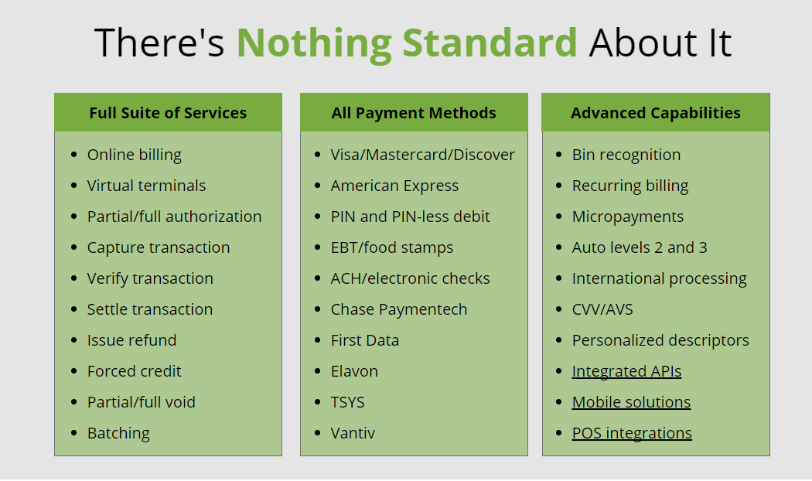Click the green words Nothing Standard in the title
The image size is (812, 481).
pyautogui.click(x=407, y=43)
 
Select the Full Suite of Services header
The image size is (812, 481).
pyautogui.click(x=168, y=113)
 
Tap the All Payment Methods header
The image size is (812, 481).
pyautogui.click(x=414, y=113)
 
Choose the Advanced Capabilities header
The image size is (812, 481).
pyautogui.click(x=656, y=113)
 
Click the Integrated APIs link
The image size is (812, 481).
pyautogui.click(x=626, y=371)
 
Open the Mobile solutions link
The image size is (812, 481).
pyautogui.click(x=631, y=402)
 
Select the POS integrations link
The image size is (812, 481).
pyautogui.click(x=632, y=433)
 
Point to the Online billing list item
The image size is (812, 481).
pyautogui.click(x=134, y=155)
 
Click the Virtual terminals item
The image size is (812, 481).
pyautogui.click(x=147, y=186)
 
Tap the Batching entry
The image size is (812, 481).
pyautogui.click(x=118, y=433)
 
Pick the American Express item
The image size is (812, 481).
pyautogui.click(x=394, y=186)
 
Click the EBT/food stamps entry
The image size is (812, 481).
pyautogui.click(x=392, y=247)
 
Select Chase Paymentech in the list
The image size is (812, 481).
pyautogui.click(x=399, y=309)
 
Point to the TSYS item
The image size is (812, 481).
pyautogui.click(x=347, y=402)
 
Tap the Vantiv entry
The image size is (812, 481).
pyautogui.click(x=353, y=433)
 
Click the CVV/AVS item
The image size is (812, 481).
pyautogui.click(x=602, y=309)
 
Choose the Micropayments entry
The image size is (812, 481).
pyautogui.click(x=628, y=217)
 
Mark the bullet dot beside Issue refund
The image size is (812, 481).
pyautogui.click(x=73, y=340)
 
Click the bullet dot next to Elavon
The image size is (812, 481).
pyautogui.click(x=317, y=371)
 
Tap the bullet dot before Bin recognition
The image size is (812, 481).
pyautogui.click(x=558, y=155)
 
